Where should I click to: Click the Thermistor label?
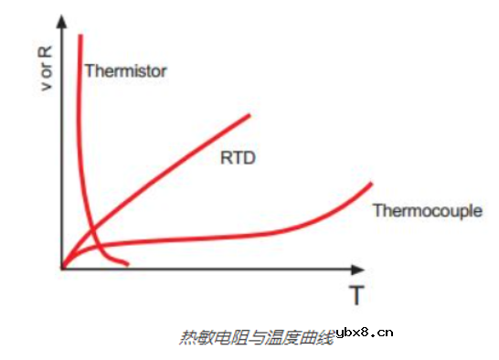[x=125, y=70]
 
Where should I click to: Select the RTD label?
[x=237, y=157]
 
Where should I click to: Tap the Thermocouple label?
[x=427, y=211]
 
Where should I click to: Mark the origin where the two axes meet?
[x=62, y=269]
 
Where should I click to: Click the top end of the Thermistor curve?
[x=81, y=36]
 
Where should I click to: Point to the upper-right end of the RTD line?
[x=249, y=115]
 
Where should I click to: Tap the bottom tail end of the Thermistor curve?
[x=127, y=265]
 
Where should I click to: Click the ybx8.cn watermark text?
[x=365, y=333]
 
